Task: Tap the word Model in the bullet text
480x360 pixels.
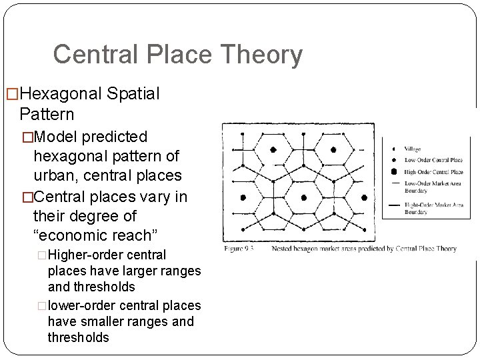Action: [x=55, y=136]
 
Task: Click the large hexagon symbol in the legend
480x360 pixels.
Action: [x=393, y=171]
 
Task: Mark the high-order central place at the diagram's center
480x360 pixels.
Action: [x=303, y=197]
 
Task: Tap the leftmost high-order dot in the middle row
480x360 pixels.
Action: [x=243, y=197]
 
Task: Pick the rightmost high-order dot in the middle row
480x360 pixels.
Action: [x=365, y=197]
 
